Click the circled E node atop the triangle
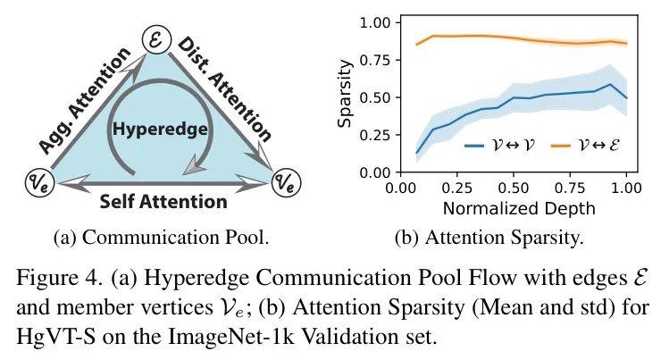coord(155,38)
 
